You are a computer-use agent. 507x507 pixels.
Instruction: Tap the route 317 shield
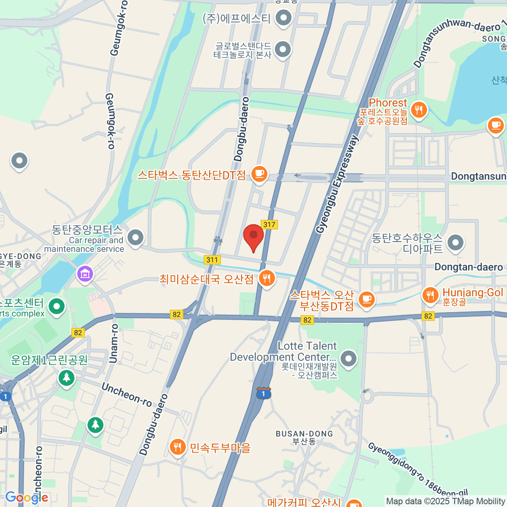pyautogui.click(x=269, y=224)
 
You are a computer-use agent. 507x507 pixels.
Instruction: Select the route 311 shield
pyautogui.click(x=212, y=259)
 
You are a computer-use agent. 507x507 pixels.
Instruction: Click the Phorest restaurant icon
pyautogui.click(x=419, y=110)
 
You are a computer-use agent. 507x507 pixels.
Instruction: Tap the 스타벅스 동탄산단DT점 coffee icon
pyautogui.click(x=259, y=174)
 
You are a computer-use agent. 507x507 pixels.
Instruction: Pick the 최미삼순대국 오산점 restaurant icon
pyautogui.click(x=266, y=278)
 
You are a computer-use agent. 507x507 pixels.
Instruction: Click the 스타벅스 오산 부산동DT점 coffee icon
pyautogui.click(x=366, y=299)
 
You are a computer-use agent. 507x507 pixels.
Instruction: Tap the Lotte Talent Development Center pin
pyautogui.click(x=349, y=359)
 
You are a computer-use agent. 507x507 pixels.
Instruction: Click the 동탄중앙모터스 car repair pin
pyautogui.click(x=135, y=237)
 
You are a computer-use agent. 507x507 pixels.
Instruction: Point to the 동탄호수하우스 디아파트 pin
pyautogui.click(x=455, y=243)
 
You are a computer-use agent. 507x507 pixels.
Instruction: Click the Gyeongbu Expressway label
pyautogui.click(x=338, y=184)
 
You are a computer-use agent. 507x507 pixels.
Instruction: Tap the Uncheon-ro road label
pyautogui.click(x=126, y=395)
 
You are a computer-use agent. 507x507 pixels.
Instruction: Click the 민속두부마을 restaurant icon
pyautogui.click(x=177, y=447)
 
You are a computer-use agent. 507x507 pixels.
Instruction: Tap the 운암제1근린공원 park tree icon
pyautogui.click(x=66, y=377)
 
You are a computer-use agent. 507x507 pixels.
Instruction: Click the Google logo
pyautogui.click(x=26, y=498)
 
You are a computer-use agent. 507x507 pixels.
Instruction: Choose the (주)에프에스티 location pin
pyautogui.click(x=283, y=18)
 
